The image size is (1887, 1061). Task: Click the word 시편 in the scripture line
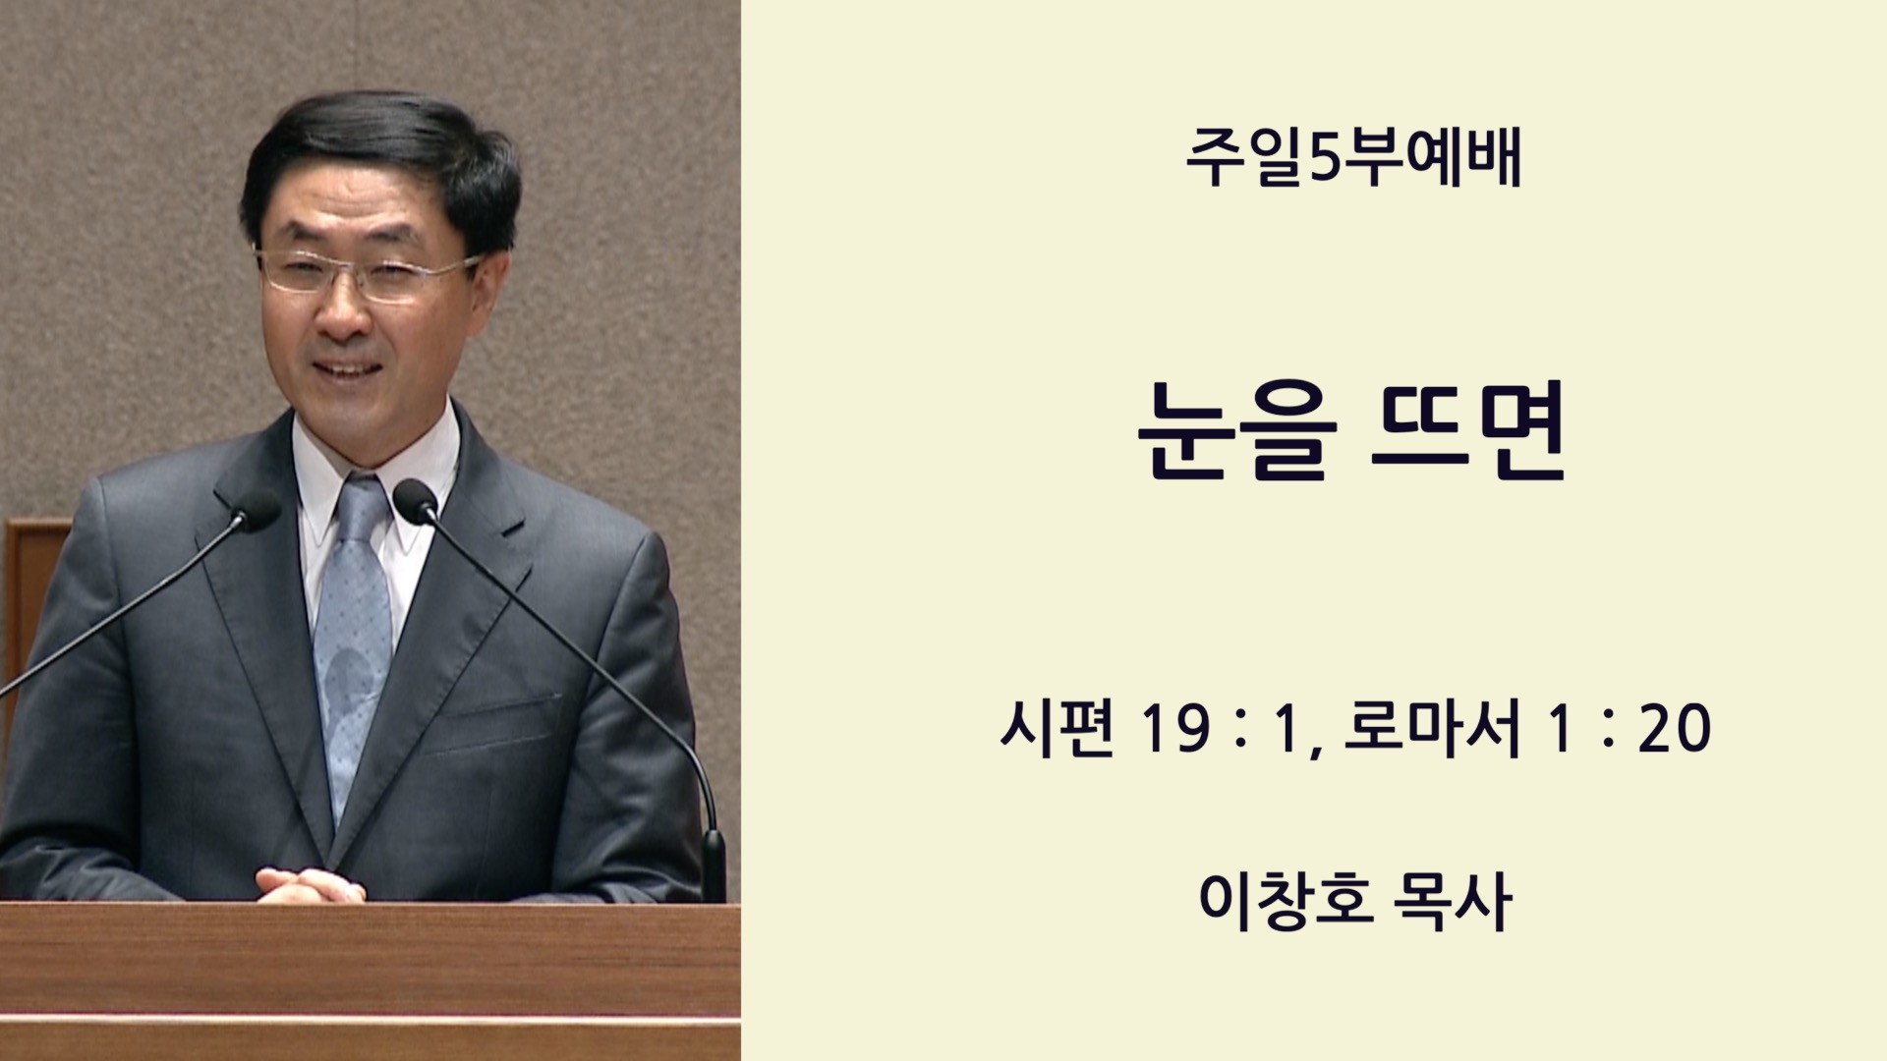click(1057, 727)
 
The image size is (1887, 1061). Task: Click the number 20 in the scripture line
click(1675, 729)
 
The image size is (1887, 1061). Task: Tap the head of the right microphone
click(415, 500)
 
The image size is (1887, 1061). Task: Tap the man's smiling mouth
click(346, 370)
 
